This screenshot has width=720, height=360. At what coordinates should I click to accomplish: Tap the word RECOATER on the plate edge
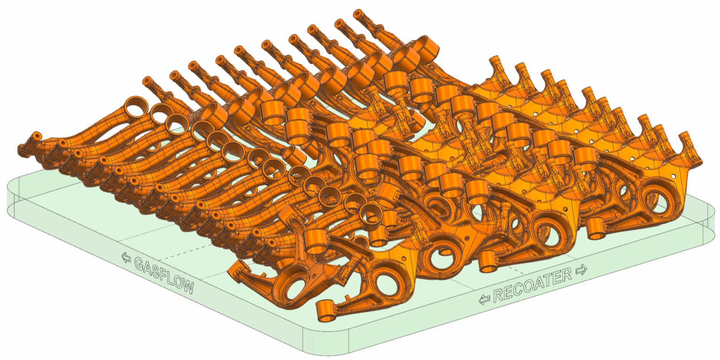point(532,284)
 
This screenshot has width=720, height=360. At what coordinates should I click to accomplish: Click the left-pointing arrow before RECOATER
point(484,299)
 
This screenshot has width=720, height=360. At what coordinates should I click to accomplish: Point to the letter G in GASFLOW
point(140,263)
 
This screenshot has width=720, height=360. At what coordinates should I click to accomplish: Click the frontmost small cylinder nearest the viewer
point(326,312)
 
